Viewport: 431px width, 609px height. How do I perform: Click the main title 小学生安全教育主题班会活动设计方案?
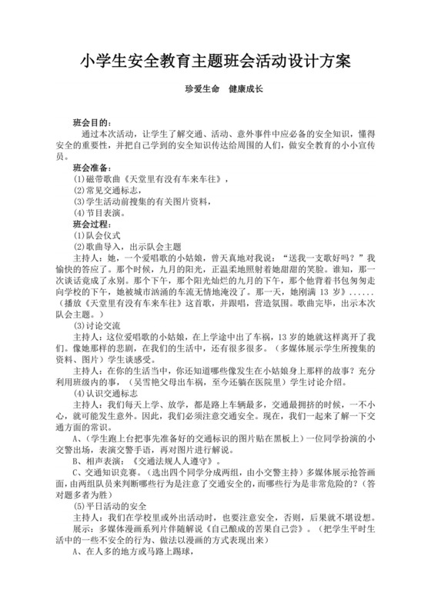(x=215, y=60)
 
